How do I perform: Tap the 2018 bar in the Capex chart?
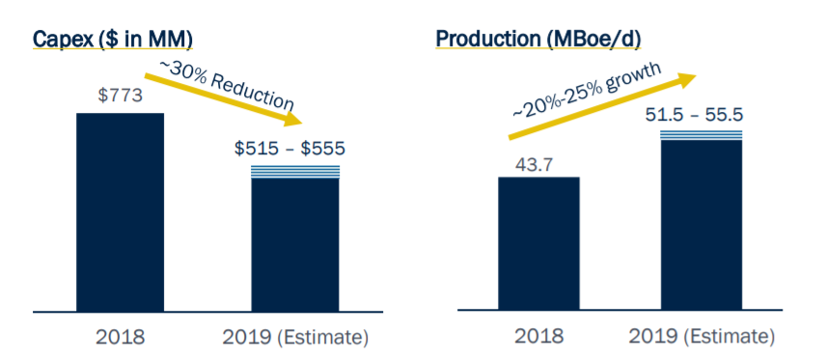[x=120, y=212]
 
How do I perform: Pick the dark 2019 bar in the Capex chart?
[x=295, y=245]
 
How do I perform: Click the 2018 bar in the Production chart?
[x=538, y=243]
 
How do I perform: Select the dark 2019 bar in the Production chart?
[x=702, y=225]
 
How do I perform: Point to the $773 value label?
[x=120, y=97]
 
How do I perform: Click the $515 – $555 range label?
[x=289, y=149]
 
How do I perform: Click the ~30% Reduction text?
[x=227, y=84]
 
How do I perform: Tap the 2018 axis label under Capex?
[x=120, y=337]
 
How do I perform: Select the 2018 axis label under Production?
[x=538, y=336]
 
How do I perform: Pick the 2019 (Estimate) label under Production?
[x=702, y=336]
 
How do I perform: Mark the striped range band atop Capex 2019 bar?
[x=295, y=172]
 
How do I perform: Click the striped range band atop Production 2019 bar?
[x=702, y=135]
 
